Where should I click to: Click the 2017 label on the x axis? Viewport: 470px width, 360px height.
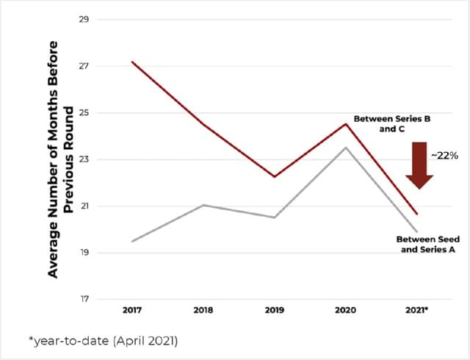tap(132, 311)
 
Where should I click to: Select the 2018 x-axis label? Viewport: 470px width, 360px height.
tap(204, 311)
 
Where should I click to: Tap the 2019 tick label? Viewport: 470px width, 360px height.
tap(275, 311)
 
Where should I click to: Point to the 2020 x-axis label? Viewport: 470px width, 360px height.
tap(346, 311)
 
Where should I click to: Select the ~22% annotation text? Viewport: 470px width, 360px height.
tap(446, 156)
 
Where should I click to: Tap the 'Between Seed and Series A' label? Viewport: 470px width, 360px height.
tap(426, 244)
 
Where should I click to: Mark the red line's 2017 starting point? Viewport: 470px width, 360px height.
tap(132, 62)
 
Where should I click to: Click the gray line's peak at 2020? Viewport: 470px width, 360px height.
tap(346, 148)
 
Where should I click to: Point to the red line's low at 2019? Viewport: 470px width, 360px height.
tap(275, 176)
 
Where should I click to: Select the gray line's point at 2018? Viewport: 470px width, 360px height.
tap(204, 205)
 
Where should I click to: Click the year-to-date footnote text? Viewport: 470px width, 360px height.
tap(95, 341)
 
